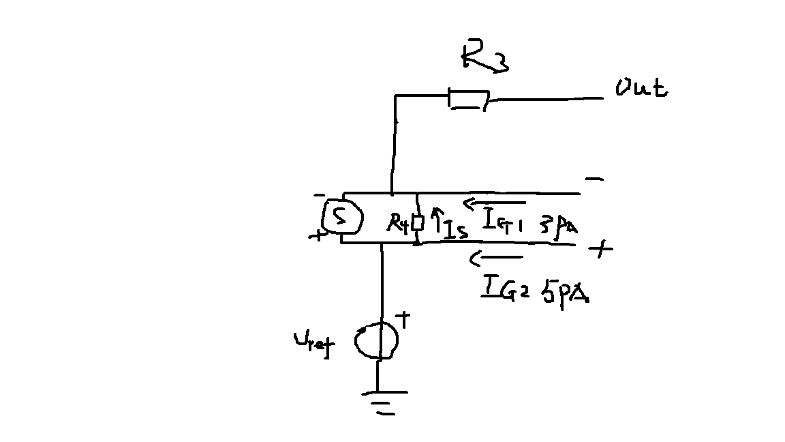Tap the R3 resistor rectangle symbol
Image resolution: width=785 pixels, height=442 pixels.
pyautogui.click(x=467, y=100)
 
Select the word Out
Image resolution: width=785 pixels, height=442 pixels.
pyautogui.click(x=641, y=89)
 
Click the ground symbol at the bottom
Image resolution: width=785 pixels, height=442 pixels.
pyautogui.click(x=385, y=402)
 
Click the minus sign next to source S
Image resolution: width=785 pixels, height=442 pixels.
pyautogui.click(x=320, y=195)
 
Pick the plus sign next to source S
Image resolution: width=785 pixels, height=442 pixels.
pyautogui.click(x=316, y=237)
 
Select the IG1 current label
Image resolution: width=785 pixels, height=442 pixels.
pyautogui.click(x=502, y=221)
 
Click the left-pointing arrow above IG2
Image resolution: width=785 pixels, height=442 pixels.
pyautogui.click(x=497, y=257)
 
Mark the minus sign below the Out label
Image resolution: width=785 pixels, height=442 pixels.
pyautogui.click(x=594, y=179)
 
